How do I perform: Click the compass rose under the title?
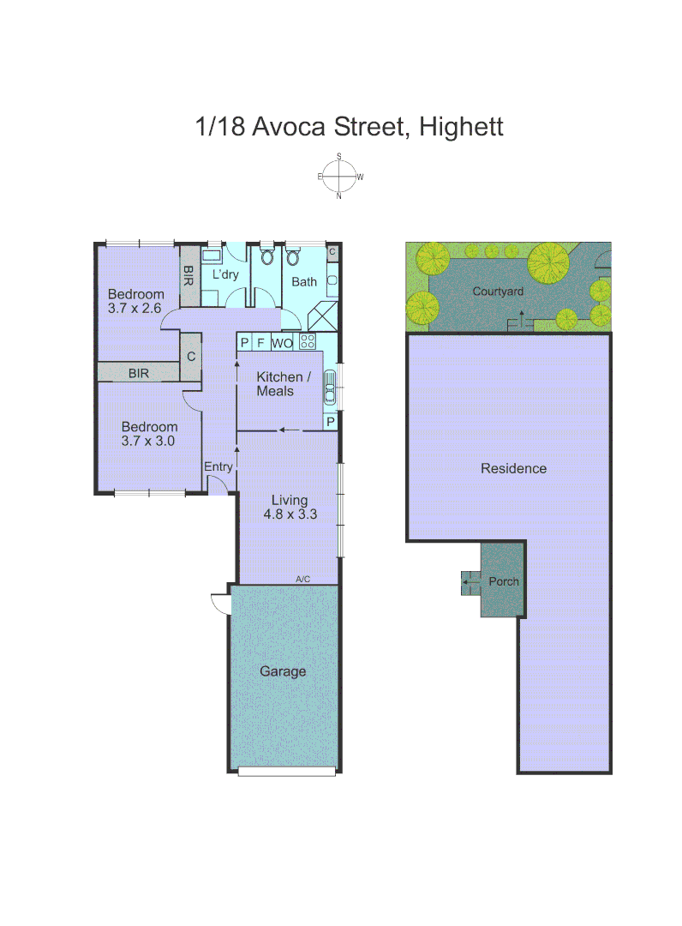coord(340,177)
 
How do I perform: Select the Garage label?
coord(283,671)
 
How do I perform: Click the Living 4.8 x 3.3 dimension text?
coord(289,515)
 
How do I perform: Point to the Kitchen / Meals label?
coord(279,384)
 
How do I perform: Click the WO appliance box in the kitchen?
coord(282,343)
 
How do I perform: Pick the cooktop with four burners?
coord(308,343)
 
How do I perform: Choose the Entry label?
coord(218,466)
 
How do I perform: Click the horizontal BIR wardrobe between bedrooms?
coord(139,373)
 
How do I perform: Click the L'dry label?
coord(225,274)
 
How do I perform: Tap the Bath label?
coord(304,281)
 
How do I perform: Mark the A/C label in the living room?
coord(302,580)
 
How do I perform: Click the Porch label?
coord(504,581)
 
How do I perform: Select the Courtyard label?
coord(498,292)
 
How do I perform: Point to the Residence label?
coord(513,468)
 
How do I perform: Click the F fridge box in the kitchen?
coord(260,343)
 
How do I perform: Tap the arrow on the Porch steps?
coord(469,583)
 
